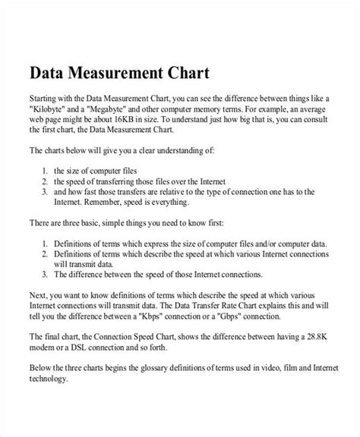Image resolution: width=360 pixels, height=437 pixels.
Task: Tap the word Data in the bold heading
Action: pos(46,74)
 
